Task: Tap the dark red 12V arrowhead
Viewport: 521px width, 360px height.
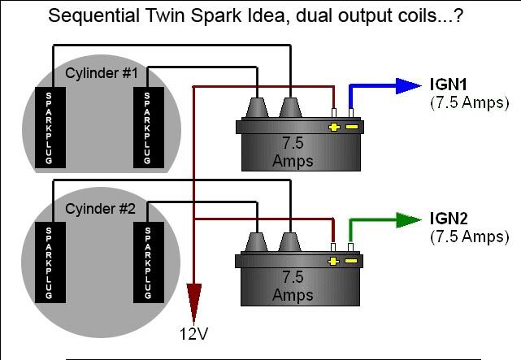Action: pos(193,298)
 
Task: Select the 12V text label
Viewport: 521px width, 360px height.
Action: pos(193,333)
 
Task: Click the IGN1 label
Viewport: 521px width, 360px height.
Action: pos(447,85)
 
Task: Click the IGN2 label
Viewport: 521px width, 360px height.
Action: pos(447,219)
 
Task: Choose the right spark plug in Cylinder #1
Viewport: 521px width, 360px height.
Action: pos(148,128)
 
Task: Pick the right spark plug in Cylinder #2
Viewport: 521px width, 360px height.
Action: pos(148,262)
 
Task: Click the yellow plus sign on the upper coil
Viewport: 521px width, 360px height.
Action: pos(333,128)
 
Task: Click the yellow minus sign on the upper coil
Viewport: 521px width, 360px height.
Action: pos(350,128)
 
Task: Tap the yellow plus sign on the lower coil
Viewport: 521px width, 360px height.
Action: pos(333,262)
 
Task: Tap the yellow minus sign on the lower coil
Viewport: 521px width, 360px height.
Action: pos(350,262)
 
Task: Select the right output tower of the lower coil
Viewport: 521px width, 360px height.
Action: pos(289,241)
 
